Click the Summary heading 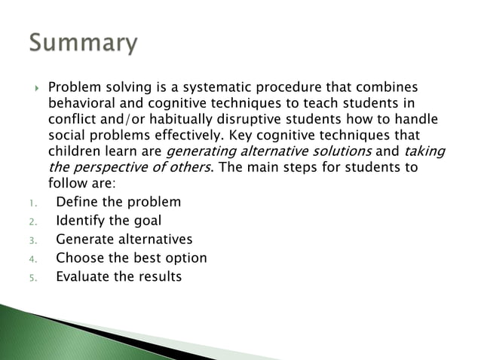[83, 44]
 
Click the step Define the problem [118, 202]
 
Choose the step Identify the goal [109, 221]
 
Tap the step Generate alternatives [124, 239]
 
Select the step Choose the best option [131, 258]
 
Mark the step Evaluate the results [118, 276]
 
